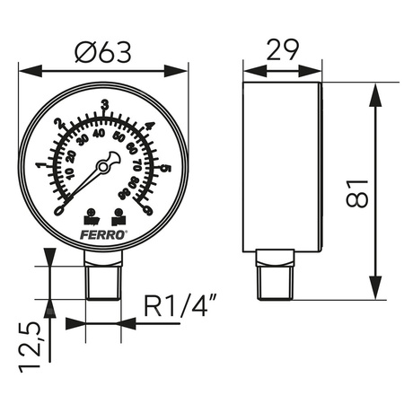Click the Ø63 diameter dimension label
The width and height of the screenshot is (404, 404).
click(104, 52)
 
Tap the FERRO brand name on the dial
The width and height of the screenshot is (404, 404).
click(104, 231)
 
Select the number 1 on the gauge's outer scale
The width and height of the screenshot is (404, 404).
click(39, 165)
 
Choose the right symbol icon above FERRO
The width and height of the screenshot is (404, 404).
click(119, 215)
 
